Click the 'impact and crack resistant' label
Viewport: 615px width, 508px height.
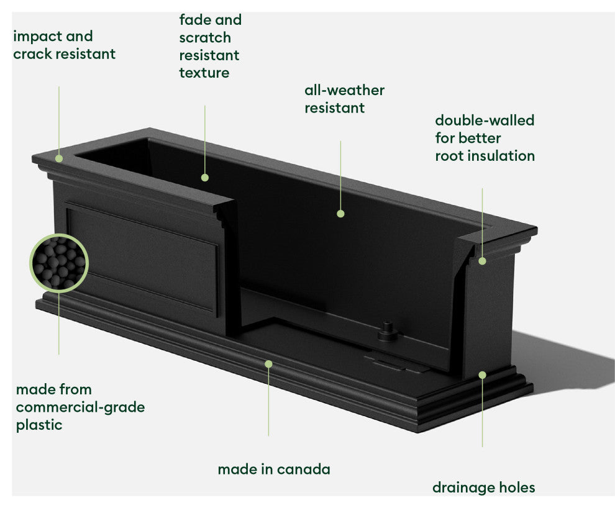tap(64, 45)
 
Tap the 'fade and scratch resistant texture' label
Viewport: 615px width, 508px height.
tap(210, 47)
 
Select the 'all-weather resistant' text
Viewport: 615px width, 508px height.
tap(344, 99)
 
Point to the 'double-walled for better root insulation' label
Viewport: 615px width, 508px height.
tap(485, 138)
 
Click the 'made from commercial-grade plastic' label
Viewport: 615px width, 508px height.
tap(80, 407)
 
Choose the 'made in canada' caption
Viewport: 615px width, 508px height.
tap(273, 469)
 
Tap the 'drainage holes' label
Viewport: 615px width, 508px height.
tap(483, 488)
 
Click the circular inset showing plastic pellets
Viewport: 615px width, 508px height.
tap(59, 262)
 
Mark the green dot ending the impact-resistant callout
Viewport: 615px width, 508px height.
tap(59, 158)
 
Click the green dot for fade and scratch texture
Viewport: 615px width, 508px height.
tap(205, 178)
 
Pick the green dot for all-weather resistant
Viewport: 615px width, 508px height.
tap(340, 214)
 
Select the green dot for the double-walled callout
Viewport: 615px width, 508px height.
tap(483, 261)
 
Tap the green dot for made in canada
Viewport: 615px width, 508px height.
tap(268, 363)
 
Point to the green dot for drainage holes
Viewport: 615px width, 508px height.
tap(482, 374)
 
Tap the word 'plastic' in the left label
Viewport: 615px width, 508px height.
tap(39, 425)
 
